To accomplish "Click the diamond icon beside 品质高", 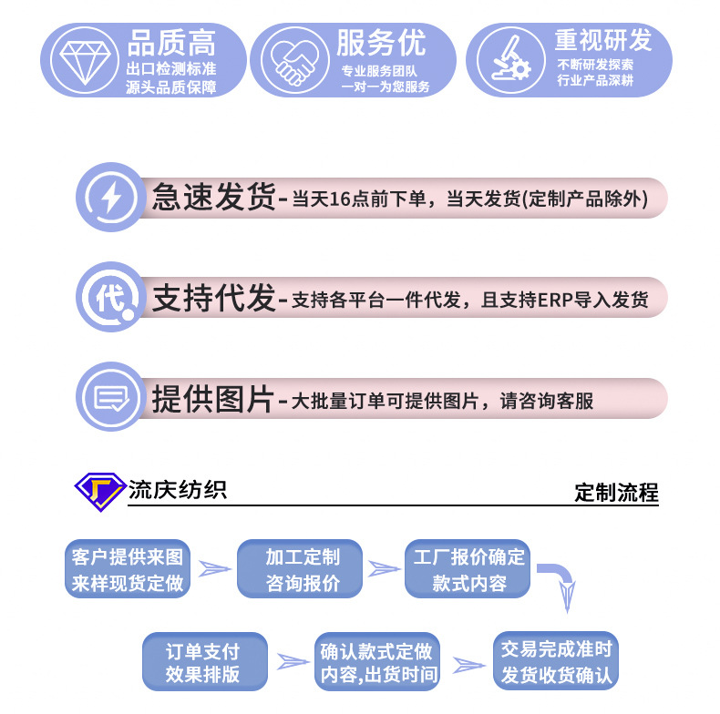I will pyautogui.click(x=82, y=59).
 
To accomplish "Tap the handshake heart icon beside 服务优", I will pyautogui.click(x=292, y=59).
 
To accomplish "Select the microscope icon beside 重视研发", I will pyautogui.click(x=507, y=59).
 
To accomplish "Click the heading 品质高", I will pyautogui.click(x=171, y=43).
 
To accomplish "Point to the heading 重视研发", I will pyautogui.click(x=603, y=41).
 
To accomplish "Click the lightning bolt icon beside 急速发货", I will pyautogui.click(x=110, y=199).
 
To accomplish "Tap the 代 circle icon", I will pyautogui.click(x=110, y=297).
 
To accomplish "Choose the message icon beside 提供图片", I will pyautogui.click(x=110, y=398).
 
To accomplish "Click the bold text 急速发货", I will pyautogui.click(x=213, y=199).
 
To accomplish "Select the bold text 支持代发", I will pyautogui.click(x=213, y=298).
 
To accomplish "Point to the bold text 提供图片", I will pyautogui.click(x=213, y=399).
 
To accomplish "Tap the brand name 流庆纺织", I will pyautogui.click(x=178, y=490).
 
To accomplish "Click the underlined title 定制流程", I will pyautogui.click(x=616, y=493).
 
